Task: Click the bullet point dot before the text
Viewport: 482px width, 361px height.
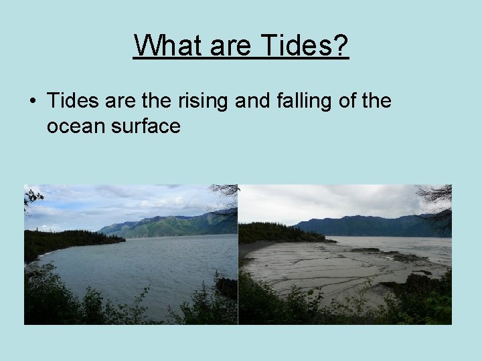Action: [x=32, y=102]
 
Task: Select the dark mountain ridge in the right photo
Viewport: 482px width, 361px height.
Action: [x=375, y=225]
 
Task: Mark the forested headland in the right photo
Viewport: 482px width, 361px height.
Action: [x=274, y=233]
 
